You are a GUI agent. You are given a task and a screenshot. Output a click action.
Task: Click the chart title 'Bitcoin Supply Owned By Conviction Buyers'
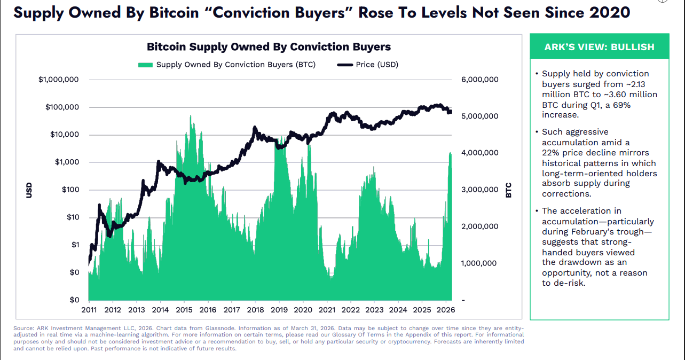(269, 47)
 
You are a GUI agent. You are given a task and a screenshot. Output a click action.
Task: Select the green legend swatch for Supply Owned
(145, 65)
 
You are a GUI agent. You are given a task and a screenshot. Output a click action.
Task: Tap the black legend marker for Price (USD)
(345, 65)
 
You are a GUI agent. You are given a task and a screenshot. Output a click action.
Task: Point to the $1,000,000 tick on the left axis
(58, 80)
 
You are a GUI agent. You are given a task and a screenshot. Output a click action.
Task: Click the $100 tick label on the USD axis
(70, 190)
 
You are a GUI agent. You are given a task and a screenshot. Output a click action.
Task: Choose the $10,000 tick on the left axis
(64, 135)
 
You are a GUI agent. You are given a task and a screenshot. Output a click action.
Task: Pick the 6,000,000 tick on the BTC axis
(479, 80)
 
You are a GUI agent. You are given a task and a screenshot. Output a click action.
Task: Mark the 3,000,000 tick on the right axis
(479, 190)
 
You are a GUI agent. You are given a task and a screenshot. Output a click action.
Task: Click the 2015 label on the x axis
(184, 310)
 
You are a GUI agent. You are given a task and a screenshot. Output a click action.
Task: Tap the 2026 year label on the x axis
(446, 310)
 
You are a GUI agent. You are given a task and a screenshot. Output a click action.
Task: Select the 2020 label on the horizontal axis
(303, 310)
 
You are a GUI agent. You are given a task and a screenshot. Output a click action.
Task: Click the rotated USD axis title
(29, 190)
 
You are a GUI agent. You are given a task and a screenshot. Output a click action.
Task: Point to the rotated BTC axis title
(508, 190)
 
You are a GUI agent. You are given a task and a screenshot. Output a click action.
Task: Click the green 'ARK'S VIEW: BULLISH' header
(600, 47)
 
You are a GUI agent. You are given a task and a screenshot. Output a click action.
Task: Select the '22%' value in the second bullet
(551, 153)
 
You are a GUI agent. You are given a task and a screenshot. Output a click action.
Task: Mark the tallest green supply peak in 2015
(191, 117)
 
